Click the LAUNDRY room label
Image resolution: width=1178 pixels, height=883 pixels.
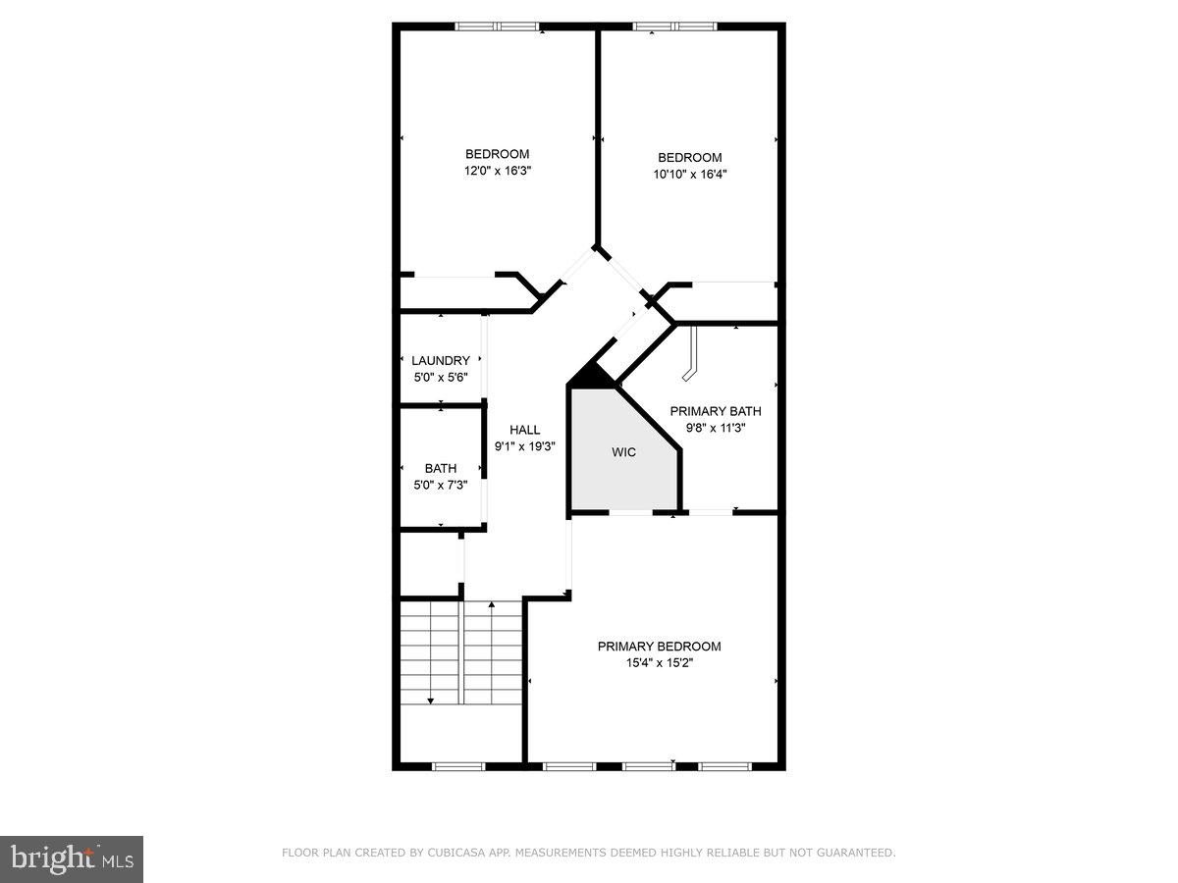(441, 360)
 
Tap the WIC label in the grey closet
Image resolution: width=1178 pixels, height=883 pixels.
(623, 452)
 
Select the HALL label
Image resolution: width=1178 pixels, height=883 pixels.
(525, 430)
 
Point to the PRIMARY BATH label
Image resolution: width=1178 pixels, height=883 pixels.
(715, 411)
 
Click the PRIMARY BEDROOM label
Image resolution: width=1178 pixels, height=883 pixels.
(660, 646)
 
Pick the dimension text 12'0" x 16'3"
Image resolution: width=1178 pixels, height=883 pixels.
(497, 171)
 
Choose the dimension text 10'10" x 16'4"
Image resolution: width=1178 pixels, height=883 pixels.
(689, 175)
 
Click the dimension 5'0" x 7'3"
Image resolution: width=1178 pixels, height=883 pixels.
(441, 486)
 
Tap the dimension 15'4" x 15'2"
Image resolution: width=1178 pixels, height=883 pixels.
(660, 663)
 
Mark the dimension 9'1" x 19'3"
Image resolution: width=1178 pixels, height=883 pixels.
(525, 446)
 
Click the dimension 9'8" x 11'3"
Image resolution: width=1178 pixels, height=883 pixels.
(715, 428)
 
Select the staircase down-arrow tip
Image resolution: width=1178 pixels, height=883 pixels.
(430, 701)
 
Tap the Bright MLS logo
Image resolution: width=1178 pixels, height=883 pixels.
(72, 858)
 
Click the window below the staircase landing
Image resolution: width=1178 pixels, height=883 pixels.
(459, 766)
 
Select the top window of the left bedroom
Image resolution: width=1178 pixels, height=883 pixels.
(497, 26)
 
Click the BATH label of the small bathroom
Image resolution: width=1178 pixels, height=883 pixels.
(441, 469)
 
